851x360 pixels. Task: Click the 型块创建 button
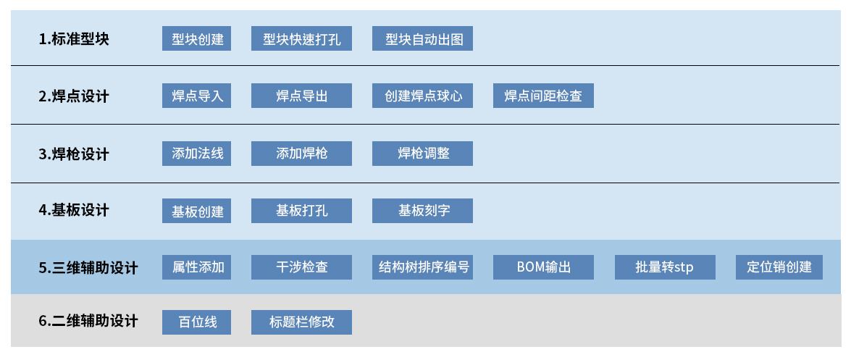point(196,38)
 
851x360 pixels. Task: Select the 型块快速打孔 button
point(301,38)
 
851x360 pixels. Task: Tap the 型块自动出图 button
point(422,38)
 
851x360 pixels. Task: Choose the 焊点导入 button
point(196,96)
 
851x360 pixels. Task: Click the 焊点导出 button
point(301,96)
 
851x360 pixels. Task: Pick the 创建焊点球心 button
point(422,96)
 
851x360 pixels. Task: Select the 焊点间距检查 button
point(543,96)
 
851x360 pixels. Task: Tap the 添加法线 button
point(196,154)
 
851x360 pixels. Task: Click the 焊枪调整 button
point(422,154)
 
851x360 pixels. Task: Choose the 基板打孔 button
point(301,211)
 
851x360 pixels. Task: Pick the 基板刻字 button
point(422,211)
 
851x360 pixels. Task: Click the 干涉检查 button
point(301,267)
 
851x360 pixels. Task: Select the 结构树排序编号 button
point(422,267)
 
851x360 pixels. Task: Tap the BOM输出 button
point(543,267)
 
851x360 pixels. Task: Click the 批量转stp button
point(665,267)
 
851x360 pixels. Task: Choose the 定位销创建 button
point(779,267)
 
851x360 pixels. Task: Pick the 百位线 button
point(196,322)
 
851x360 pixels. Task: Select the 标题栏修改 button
point(301,322)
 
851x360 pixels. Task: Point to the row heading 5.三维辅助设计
point(88,268)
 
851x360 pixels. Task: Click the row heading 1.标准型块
point(74,39)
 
